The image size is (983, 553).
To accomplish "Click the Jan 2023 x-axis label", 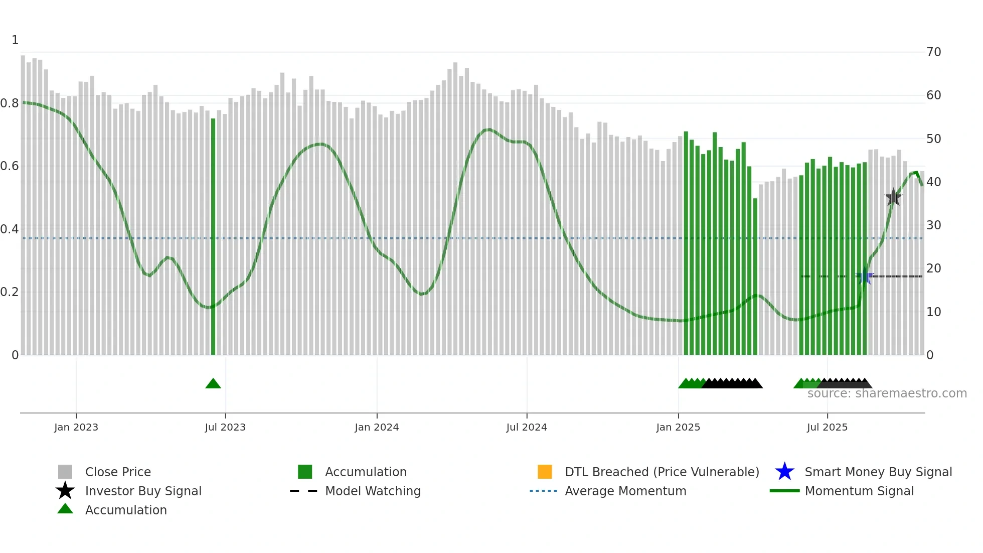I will click(x=76, y=427).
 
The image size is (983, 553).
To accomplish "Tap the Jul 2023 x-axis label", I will click(x=225, y=427).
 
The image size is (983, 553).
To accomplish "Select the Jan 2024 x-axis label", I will click(x=377, y=427).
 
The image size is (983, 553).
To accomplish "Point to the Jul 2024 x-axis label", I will click(x=527, y=427).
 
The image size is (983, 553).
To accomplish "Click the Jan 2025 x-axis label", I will click(x=678, y=427).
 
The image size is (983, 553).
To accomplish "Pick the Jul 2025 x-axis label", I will click(x=827, y=427).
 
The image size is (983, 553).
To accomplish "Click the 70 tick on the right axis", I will click(x=933, y=52).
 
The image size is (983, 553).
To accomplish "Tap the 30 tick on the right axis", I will click(x=933, y=225).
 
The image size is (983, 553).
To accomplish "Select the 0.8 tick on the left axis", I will click(x=10, y=103).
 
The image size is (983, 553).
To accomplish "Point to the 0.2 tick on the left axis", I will click(x=10, y=292).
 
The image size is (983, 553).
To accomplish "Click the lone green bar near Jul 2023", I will click(x=213, y=236).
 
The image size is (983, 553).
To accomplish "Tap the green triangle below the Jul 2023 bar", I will click(x=213, y=384).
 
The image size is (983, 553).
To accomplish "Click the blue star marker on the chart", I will click(x=865, y=276).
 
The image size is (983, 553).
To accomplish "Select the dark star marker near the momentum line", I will click(x=893, y=197).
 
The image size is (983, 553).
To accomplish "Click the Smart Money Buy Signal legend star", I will click(x=784, y=472).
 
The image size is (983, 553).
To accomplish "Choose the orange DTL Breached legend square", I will click(x=545, y=472).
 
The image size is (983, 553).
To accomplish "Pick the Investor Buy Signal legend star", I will click(x=65, y=491).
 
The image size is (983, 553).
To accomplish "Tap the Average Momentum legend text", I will click(x=625, y=491).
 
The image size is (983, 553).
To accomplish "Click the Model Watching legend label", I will click(x=373, y=491).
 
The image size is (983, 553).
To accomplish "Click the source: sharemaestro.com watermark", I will click(x=887, y=393).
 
